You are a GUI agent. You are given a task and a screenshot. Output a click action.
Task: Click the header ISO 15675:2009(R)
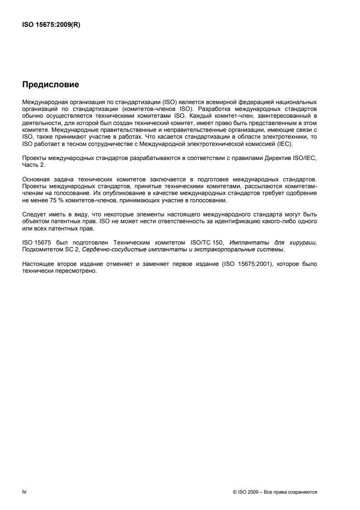pyautogui.click(x=51, y=25)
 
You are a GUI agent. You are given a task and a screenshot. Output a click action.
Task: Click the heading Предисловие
pyautogui.click(x=50, y=85)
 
